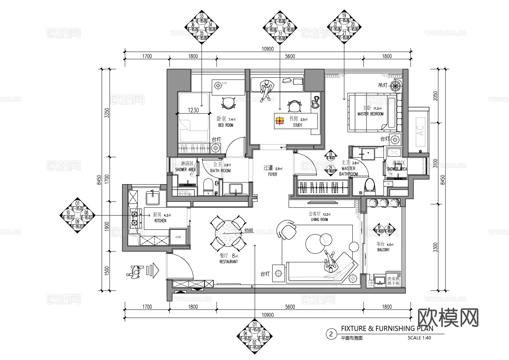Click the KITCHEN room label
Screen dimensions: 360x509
pos(160,221)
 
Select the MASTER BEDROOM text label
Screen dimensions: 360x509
pos(370,114)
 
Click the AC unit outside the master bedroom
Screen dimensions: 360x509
pos(420,131)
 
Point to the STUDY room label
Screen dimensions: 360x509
pos(297,125)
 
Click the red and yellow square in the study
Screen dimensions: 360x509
pos(280,121)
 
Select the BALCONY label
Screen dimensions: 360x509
pos(383,250)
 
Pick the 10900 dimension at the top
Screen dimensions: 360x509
pos(268,49)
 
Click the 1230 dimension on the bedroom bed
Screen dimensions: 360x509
pos(193,110)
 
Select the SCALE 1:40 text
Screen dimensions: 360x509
pos(419,338)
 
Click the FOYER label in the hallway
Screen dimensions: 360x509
pos(273,174)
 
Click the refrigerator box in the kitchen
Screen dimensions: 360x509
pos(178,237)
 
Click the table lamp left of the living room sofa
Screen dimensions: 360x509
pos(279,273)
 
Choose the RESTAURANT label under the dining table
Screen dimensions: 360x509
pos(228,262)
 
